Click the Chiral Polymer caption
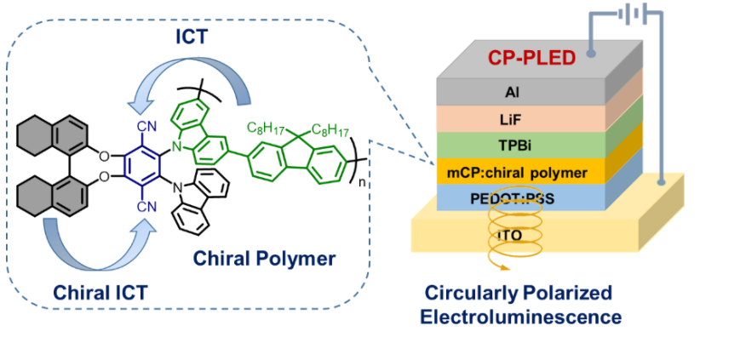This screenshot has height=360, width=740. click(265, 256)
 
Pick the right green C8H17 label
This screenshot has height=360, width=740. click(332, 129)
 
